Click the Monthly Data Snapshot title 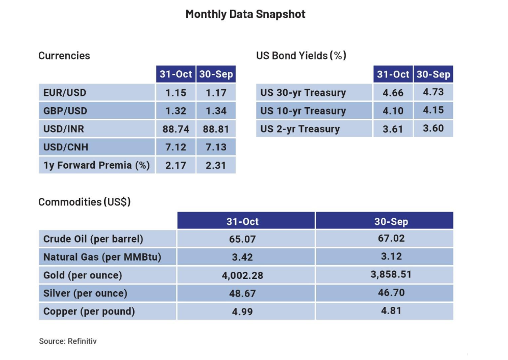(245, 14)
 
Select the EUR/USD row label (65, 93)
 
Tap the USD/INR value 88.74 (176, 129)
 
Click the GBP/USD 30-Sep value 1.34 (216, 111)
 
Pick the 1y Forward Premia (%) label (96, 165)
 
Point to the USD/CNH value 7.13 (216, 147)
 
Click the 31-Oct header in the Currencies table (176, 74)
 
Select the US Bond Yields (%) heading (301, 56)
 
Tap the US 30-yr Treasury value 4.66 (393, 93)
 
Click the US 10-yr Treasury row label (303, 111)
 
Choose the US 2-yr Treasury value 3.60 (433, 128)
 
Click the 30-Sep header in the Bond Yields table (433, 74)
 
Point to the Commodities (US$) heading (85, 202)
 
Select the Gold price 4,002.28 (242, 275)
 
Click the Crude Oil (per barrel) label (93, 239)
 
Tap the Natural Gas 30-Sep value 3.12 (391, 256)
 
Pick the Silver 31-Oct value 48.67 (242, 294)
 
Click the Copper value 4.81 (391, 311)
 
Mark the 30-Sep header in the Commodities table (391, 222)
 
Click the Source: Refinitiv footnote (68, 341)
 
